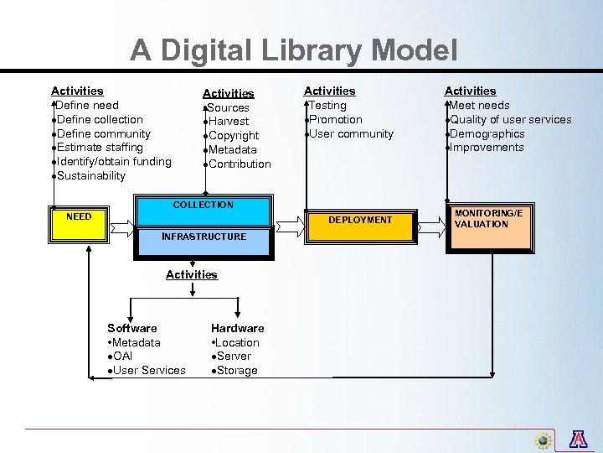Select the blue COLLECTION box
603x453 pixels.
(204, 210)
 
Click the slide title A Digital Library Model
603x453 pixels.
(294, 50)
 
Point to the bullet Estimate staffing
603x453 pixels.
(100, 148)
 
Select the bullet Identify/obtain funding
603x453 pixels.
(114, 162)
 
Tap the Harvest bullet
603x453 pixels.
(228, 122)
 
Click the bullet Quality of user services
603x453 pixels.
(510, 120)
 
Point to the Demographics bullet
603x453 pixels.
(487, 134)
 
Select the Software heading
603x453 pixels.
(132, 328)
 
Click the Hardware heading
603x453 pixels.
(237, 328)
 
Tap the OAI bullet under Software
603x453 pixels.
(121, 357)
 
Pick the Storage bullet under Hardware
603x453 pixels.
(236, 371)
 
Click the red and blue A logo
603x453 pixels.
(578, 439)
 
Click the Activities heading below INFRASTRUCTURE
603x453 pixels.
(192, 274)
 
